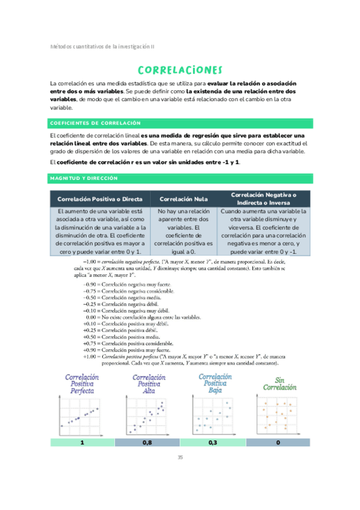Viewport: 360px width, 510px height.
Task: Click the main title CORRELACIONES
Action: pyautogui.click(x=180, y=70)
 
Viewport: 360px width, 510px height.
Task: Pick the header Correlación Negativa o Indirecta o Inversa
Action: pyautogui.click(x=263, y=198)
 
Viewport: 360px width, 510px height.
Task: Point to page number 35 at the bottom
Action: pyautogui.click(x=180, y=458)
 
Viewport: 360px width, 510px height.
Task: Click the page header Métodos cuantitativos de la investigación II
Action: pyautogui.click(x=102, y=46)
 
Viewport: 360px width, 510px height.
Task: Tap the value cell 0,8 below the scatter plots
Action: pyautogui.click(x=147, y=442)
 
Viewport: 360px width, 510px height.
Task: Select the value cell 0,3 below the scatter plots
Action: pyautogui.click(x=212, y=442)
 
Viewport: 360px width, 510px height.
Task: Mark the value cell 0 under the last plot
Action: pyautogui.click(x=278, y=442)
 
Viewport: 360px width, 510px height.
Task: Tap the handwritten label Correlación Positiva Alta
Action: pyautogui.click(x=147, y=383)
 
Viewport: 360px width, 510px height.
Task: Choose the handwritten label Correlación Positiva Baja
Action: pyautogui.click(x=214, y=382)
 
